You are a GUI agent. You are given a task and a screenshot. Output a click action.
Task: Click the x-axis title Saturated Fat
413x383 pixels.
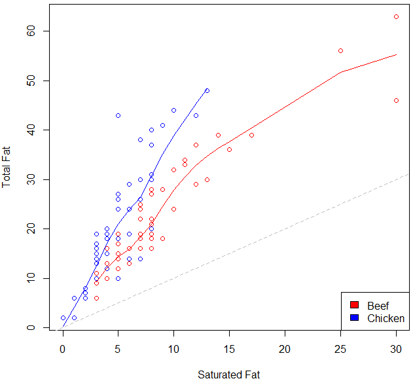(x=228, y=374)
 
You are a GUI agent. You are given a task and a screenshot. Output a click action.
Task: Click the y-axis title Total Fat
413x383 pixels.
(x=7, y=166)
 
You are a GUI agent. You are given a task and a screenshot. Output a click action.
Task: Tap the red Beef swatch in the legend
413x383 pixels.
(x=354, y=306)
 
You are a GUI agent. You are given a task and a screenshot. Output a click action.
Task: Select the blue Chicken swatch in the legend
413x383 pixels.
(x=354, y=318)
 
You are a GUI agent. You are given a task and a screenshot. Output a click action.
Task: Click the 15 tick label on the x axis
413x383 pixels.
(x=229, y=350)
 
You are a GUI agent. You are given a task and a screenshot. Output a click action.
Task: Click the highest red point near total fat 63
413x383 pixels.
(x=396, y=16)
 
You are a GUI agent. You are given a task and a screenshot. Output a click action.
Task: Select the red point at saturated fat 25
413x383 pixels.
(x=340, y=50)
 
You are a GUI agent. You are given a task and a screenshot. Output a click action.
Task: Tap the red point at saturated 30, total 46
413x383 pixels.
(x=396, y=100)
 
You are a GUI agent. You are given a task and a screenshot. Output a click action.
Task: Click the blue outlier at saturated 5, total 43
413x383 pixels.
(x=118, y=115)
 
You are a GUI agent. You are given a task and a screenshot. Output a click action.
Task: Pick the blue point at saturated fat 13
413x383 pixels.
(x=207, y=90)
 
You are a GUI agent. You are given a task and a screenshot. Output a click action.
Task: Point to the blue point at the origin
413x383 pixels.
(x=63, y=318)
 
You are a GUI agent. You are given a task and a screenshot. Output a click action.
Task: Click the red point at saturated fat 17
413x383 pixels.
(x=251, y=135)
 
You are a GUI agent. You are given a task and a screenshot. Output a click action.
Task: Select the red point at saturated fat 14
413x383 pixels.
(x=218, y=135)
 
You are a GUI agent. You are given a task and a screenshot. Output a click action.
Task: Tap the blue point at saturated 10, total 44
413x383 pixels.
(x=173, y=110)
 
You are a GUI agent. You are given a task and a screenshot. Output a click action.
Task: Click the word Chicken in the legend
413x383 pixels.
(x=386, y=319)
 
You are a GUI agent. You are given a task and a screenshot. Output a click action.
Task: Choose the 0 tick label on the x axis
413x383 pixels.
(x=63, y=350)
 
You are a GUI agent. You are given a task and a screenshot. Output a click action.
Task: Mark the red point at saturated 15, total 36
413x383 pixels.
(x=229, y=149)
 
